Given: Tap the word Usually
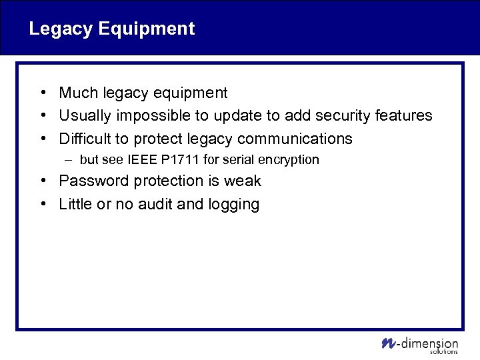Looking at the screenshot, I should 85,116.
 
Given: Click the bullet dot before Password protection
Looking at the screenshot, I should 42,181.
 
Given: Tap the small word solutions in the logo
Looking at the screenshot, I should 444,351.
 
